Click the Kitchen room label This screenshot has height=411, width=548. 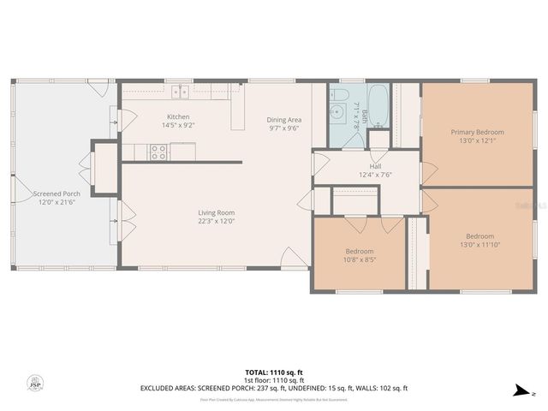[x=178, y=116]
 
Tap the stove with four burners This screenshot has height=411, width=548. [x=158, y=152]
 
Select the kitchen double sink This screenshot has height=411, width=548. [x=181, y=92]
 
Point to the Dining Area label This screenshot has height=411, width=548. [x=283, y=120]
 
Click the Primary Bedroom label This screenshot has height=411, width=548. [x=477, y=132]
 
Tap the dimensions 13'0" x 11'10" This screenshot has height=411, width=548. [x=479, y=245]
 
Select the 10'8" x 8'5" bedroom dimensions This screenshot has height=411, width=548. [x=359, y=259]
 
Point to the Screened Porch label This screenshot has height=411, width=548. [x=57, y=194]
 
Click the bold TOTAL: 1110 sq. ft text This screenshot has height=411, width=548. [x=273, y=372]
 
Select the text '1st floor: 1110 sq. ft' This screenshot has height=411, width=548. [x=273, y=380]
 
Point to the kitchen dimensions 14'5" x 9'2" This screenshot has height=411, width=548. [x=178, y=125]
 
